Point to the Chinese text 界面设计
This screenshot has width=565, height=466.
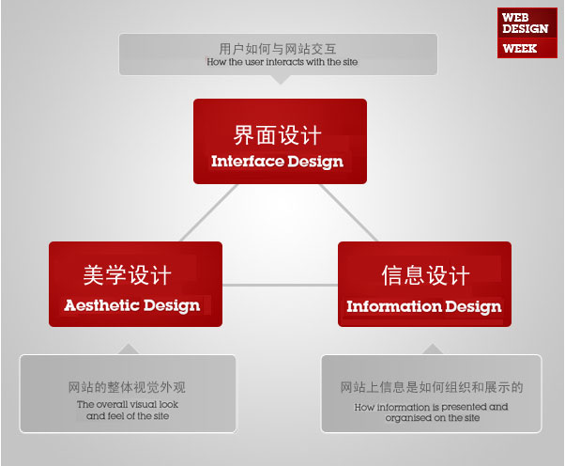click(x=278, y=133)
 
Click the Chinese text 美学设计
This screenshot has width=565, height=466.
click(x=128, y=275)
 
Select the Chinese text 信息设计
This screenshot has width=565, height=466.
click(x=425, y=276)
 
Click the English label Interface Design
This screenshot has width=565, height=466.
click(x=277, y=161)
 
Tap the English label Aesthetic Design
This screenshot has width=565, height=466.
click(x=132, y=304)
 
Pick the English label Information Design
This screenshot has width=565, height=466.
click(x=423, y=306)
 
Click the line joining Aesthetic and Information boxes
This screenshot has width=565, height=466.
click(x=280, y=284)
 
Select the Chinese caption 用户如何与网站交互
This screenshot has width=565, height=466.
click(x=279, y=48)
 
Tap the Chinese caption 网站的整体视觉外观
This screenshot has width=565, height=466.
click(x=128, y=386)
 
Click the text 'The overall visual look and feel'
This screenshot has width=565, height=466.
click(x=128, y=410)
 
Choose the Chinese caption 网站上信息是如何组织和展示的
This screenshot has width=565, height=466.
click(x=432, y=387)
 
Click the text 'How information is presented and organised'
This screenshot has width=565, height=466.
click(x=432, y=412)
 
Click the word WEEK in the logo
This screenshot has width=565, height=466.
click(x=520, y=48)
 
